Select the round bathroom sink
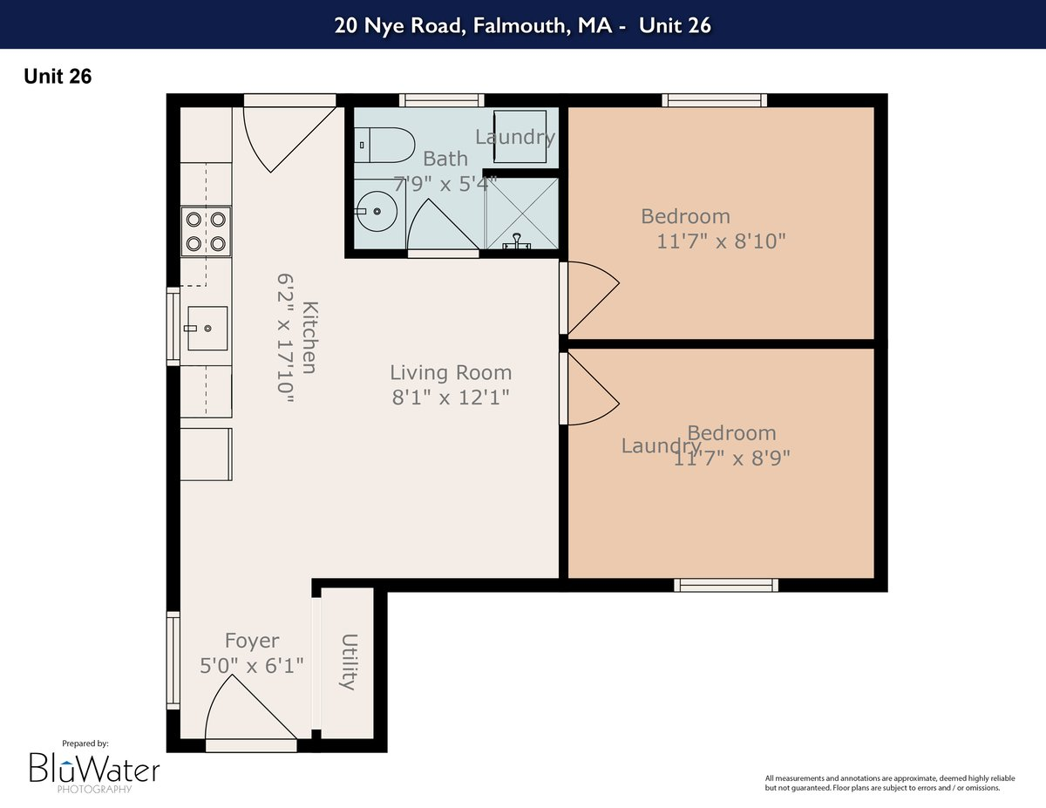377,210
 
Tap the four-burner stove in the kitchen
207,231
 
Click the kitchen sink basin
206,328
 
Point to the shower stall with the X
520,213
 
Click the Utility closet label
349,662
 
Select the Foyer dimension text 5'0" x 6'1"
252,666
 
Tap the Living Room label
450,373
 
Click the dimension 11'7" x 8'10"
721,241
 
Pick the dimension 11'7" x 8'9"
732,457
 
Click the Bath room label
445,159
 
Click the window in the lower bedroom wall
726,585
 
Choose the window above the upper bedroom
715,100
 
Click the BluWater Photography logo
94,767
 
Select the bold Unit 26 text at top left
58,77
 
